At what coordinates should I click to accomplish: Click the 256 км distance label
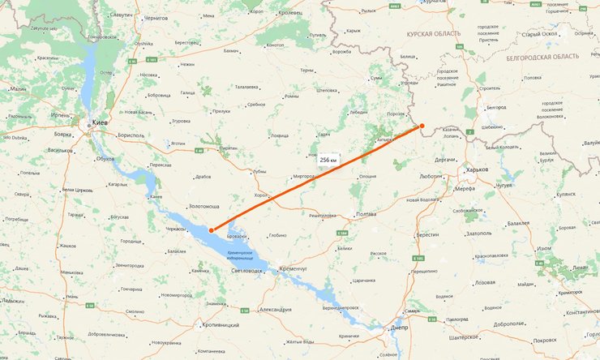coord(328,160)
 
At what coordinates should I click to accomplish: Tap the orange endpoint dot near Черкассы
coord(212,230)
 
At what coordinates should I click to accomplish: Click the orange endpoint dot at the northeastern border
coord(422,126)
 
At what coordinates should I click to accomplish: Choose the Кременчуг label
coord(295,267)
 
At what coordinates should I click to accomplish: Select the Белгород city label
coord(497,107)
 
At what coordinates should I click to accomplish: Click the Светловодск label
coord(247,271)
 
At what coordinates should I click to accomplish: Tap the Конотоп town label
coord(275,45)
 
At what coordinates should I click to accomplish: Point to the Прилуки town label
coord(221,110)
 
